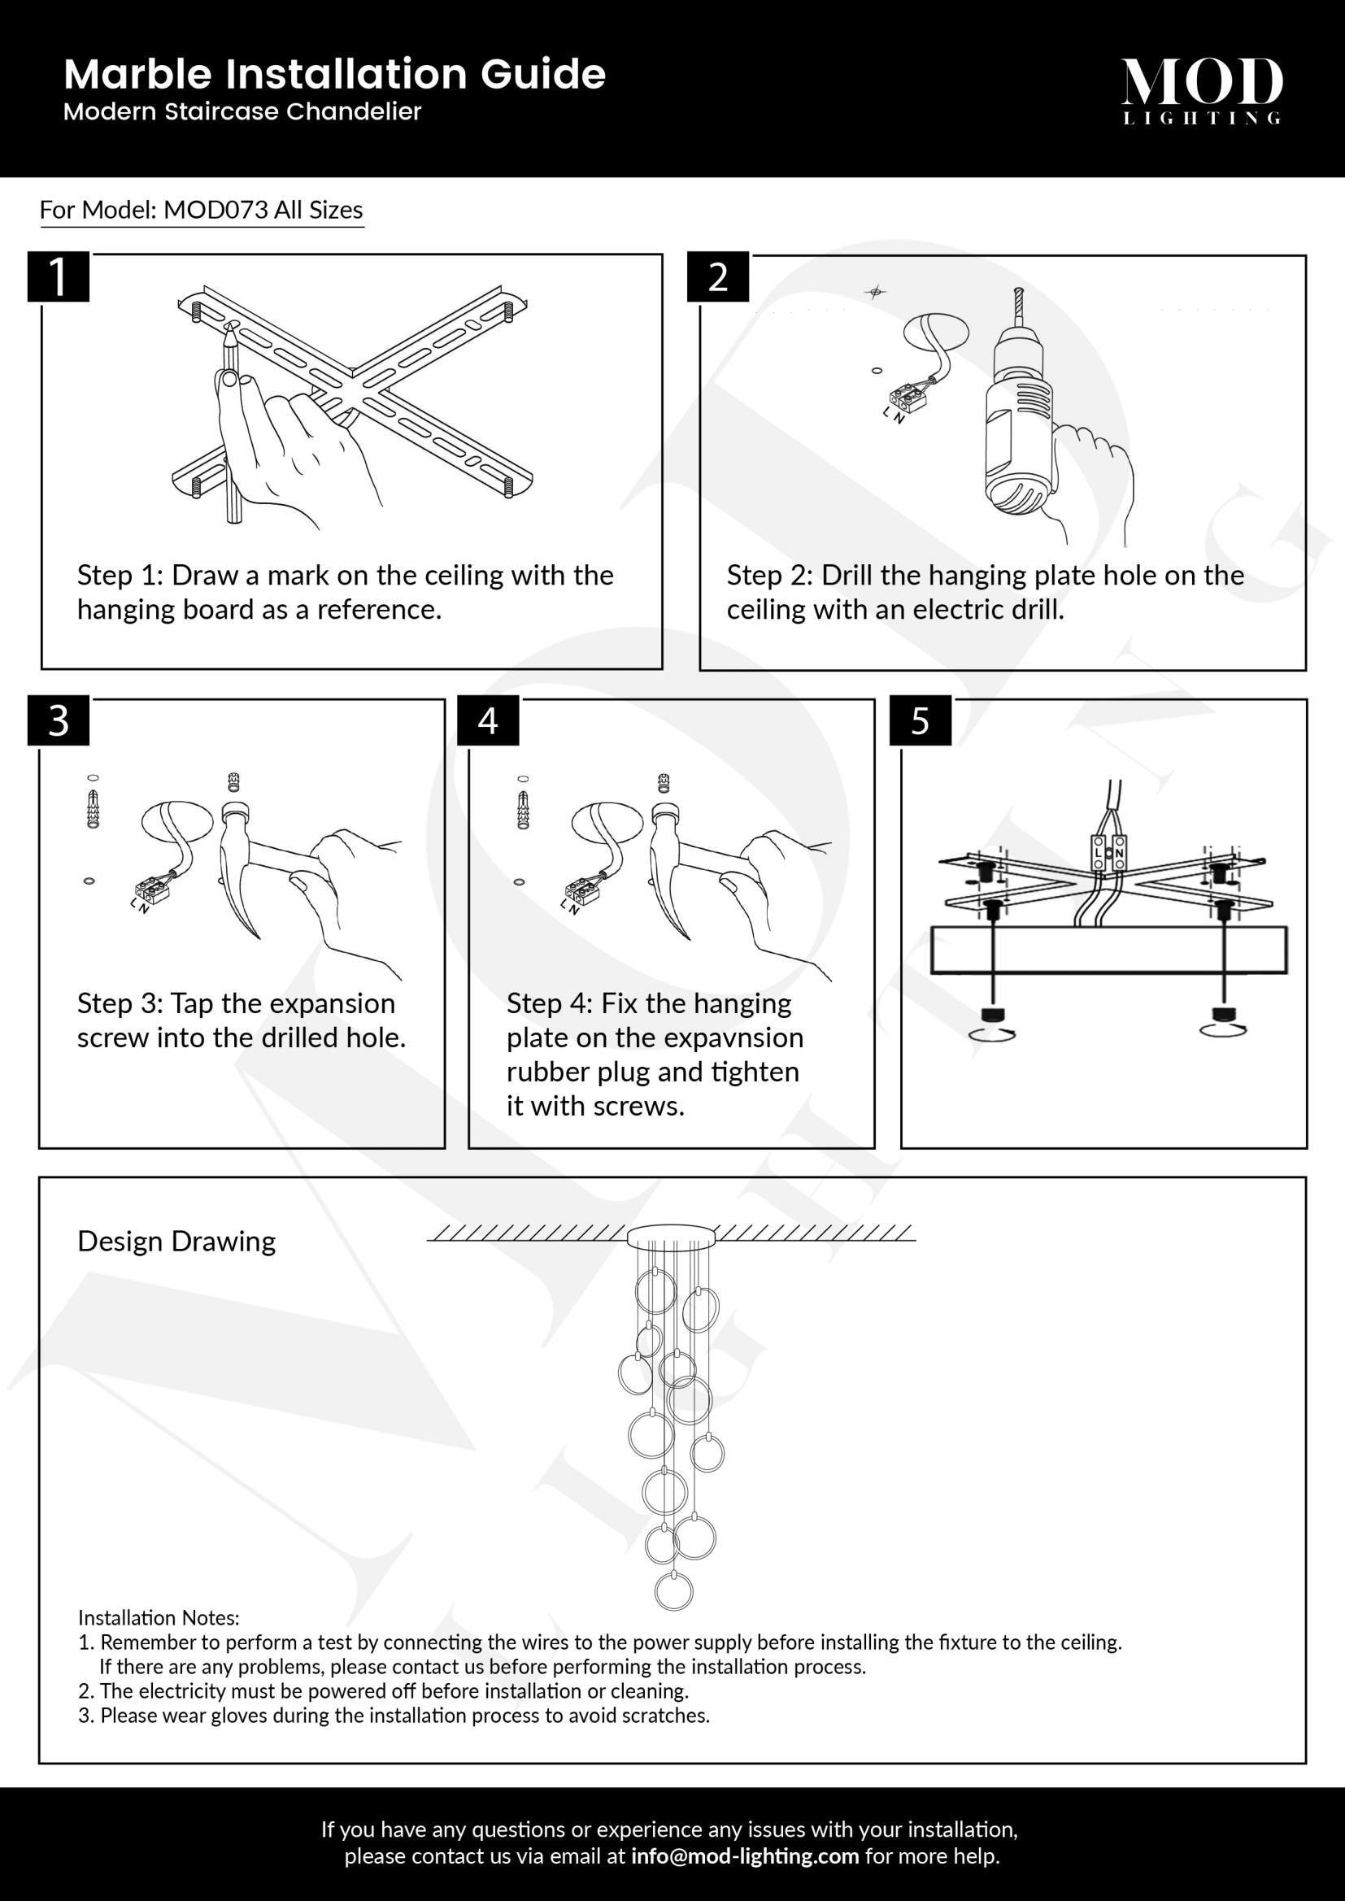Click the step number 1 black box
tap(58, 276)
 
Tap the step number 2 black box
tap(717, 277)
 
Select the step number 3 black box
tap(58, 720)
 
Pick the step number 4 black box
tap(488, 720)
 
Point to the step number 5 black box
tap(920, 720)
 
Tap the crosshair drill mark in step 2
tap(875, 291)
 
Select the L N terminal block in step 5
tap(1108, 852)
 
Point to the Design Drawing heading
tap(176, 1241)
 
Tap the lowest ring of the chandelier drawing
tap(673, 1590)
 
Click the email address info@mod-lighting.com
tap(745, 1855)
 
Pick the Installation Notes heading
tap(159, 1617)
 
